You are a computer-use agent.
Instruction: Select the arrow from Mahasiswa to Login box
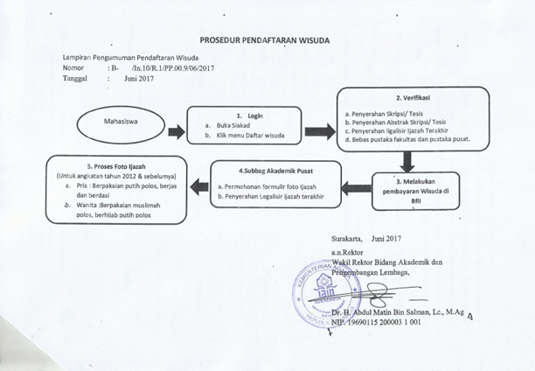pyautogui.click(x=177, y=131)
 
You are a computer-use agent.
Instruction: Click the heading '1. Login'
pyautogui.click(x=250, y=115)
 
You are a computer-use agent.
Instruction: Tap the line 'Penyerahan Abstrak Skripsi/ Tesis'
pyautogui.click(x=400, y=122)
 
